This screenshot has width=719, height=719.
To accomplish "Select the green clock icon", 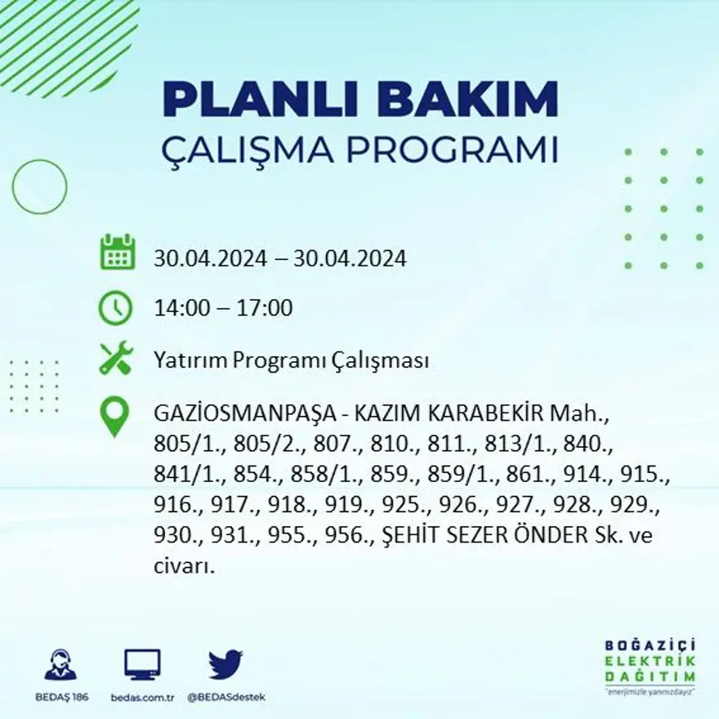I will [x=115, y=308].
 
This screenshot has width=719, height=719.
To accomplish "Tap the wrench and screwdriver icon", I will [x=115, y=359].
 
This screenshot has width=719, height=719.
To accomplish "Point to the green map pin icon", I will [x=114, y=416].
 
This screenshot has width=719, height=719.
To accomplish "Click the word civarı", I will [x=183, y=566].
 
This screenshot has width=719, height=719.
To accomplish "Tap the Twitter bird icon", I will [x=225, y=664].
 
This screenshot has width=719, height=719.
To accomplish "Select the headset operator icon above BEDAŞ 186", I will [x=60, y=665].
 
